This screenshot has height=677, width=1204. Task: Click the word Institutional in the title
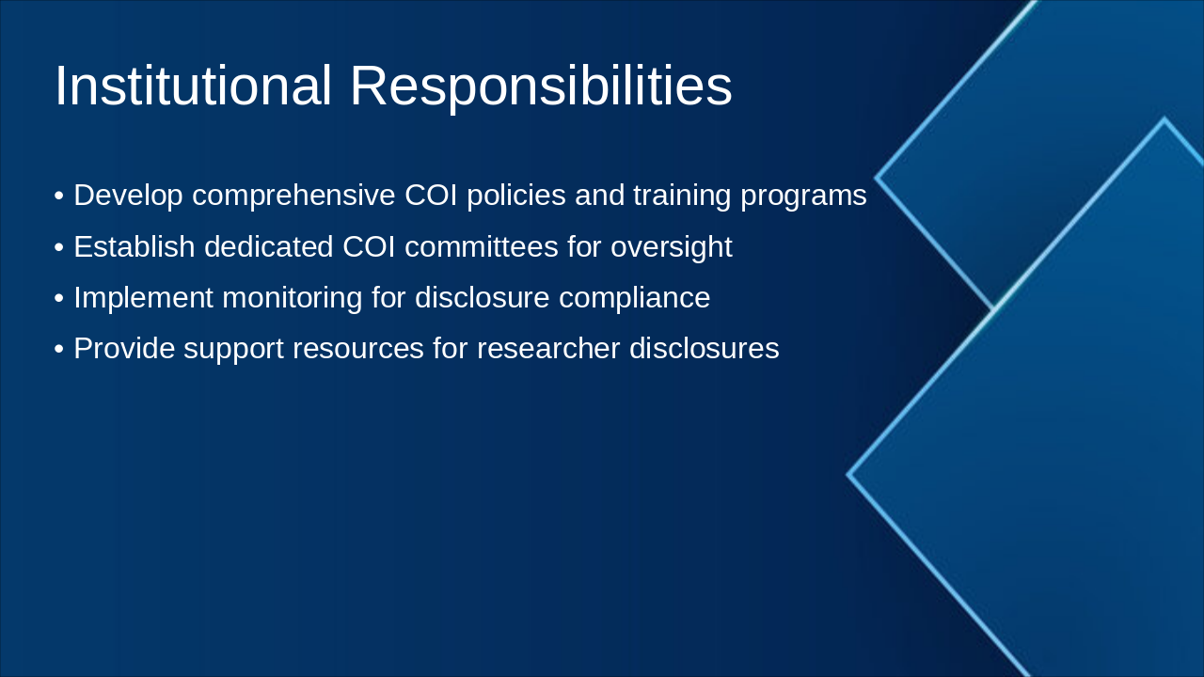[x=193, y=87]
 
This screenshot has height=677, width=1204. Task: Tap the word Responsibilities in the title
[x=540, y=87]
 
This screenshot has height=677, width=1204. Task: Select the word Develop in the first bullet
[x=128, y=196]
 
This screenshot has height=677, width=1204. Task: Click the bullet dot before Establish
[x=59, y=247]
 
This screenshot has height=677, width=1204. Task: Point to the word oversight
[x=671, y=247]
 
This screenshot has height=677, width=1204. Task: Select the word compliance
[x=634, y=298]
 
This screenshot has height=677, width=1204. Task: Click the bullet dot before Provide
[x=59, y=349]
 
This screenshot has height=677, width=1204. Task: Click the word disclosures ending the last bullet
[x=704, y=349]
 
